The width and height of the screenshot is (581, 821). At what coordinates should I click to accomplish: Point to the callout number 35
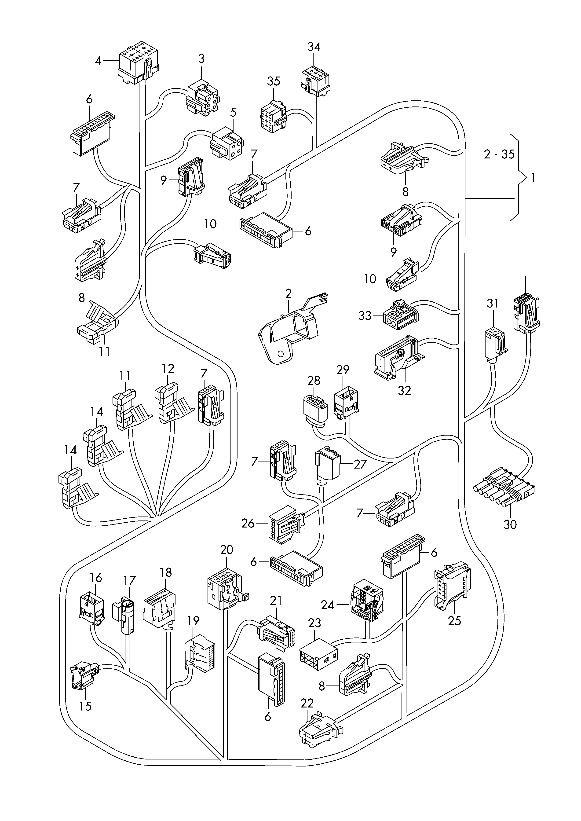(274, 82)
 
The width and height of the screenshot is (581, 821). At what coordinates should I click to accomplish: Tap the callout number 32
(405, 390)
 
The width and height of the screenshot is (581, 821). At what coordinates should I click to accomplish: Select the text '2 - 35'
(499, 154)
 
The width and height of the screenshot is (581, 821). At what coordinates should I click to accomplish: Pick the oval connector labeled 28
(314, 410)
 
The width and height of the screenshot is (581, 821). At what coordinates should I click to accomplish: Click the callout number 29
(343, 370)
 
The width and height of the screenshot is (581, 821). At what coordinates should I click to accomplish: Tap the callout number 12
(168, 368)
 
